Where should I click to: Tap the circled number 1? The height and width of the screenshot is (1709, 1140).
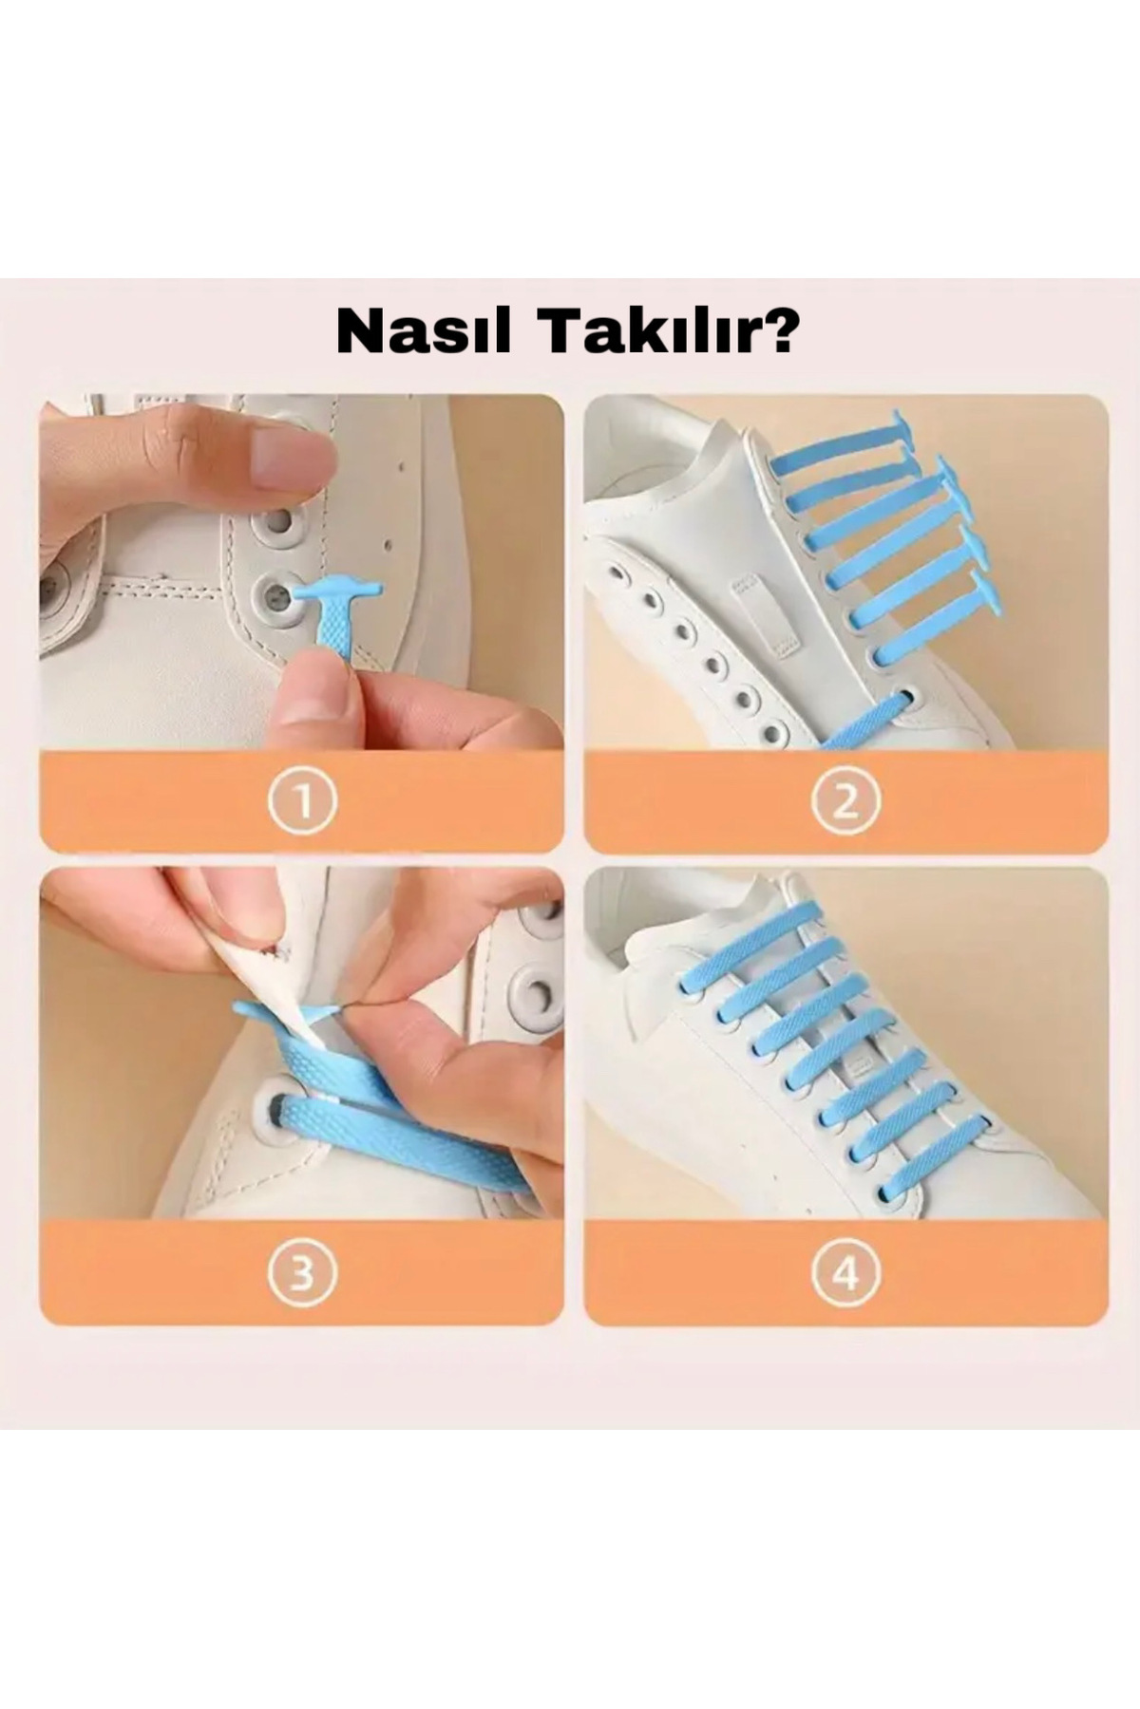(x=302, y=802)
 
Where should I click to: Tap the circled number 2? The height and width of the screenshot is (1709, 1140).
(x=845, y=802)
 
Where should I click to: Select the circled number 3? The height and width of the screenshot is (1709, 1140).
(x=302, y=1273)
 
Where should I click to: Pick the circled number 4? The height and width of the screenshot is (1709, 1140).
(x=845, y=1273)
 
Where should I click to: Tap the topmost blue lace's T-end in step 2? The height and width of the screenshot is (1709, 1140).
(x=893, y=423)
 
